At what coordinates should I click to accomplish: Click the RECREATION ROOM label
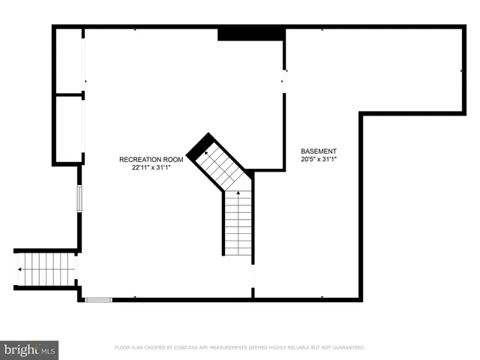pyautogui.click(x=151, y=160)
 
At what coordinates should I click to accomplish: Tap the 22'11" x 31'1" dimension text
pyautogui.click(x=151, y=168)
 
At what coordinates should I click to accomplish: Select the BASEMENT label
pyautogui.click(x=319, y=151)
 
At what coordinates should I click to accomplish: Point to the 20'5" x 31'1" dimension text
pyautogui.click(x=319, y=159)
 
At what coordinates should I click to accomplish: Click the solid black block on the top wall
pyautogui.click(x=250, y=34)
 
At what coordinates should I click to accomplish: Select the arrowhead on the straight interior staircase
pyautogui.click(x=239, y=194)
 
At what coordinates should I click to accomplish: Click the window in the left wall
pyautogui.click(x=79, y=199)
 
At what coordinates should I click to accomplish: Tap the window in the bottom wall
pyautogui.click(x=98, y=300)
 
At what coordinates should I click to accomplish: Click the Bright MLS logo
pyautogui.click(x=29, y=349)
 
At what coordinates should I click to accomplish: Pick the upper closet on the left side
pyautogui.click(x=68, y=61)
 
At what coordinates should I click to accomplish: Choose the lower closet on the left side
pyautogui.click(x=68, y=129)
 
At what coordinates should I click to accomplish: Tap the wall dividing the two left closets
pyautogui.click(x=68, y=94)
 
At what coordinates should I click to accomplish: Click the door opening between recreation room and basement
pyautogui.click(x=283, y=81)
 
